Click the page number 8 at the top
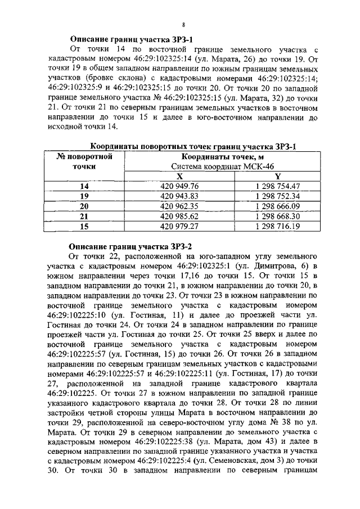click(x=184, y=25)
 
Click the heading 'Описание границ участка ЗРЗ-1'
click(x=131, y=40)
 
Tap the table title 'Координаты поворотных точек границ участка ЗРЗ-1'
click(x=193, y=146)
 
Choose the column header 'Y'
click(x=277, y=176)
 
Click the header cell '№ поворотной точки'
click(x=84, y=161)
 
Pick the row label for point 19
click(x=84, y=196)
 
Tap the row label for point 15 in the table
click(x=84, y=227)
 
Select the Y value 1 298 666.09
click(x=277, y=206)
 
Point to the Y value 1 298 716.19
click(x=277, y=227)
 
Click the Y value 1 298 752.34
click(x=277, y=196)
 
